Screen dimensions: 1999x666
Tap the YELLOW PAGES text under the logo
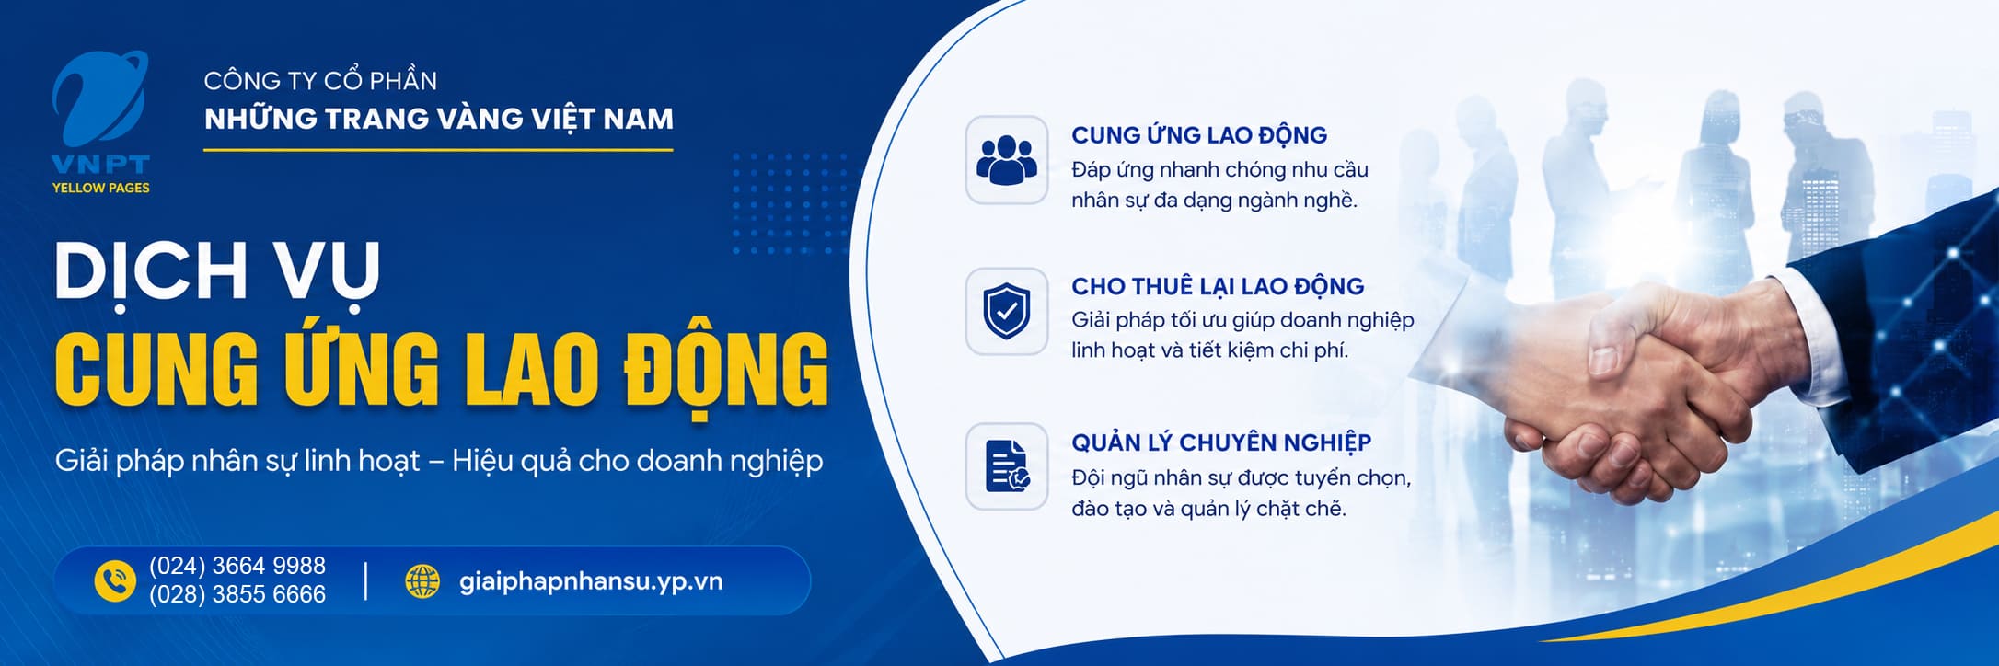(x=100, y=188)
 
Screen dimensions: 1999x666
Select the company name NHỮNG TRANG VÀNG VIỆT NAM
(x=439, y=119)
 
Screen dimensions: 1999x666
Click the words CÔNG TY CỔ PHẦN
(x=320, y=80)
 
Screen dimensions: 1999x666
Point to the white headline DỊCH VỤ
(x=217, y=271)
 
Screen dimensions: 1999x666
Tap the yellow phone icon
(x=115, y=581)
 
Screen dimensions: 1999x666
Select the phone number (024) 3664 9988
(x=237, y=566)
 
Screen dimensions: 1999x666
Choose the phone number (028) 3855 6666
(x=237, y=595)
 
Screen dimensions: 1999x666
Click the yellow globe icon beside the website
(x=422, y=581)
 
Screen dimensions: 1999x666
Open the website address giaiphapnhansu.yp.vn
(x=591, y=581)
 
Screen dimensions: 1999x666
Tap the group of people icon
(x=1006, y=160)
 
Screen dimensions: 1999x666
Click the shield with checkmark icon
(x=1006, y=311)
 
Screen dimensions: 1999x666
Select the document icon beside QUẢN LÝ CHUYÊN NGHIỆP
(x=1007, y=466)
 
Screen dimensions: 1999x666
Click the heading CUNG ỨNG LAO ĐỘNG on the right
(x=1199, y=135)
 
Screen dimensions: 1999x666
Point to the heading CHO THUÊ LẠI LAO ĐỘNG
(x=1218, y=286)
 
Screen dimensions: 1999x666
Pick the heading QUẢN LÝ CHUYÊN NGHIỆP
(x=1221, y=442)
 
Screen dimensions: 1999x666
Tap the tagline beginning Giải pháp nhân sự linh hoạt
(x=439, y=461)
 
